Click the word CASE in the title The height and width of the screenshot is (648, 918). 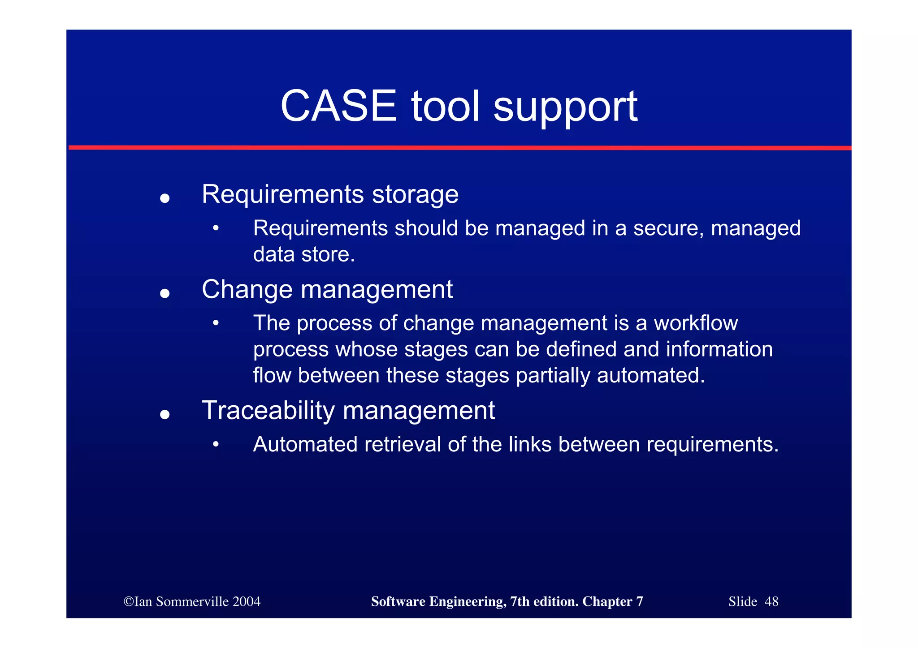(338, 106)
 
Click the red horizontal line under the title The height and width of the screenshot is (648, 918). (459, 147)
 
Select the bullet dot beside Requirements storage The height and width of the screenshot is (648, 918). (165, 198)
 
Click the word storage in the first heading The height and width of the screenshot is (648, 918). (415, 195)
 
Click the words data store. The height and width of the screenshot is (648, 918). (303, 254)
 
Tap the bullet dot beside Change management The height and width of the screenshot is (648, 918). (165, 293)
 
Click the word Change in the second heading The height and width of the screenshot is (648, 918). (247, 289)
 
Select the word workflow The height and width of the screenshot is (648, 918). (695, 323)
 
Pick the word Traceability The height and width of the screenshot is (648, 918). (268, 411)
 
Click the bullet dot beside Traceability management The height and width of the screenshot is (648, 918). (165, 415)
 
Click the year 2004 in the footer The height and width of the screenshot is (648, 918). (246, 601)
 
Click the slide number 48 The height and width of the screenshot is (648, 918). (771, 601)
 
